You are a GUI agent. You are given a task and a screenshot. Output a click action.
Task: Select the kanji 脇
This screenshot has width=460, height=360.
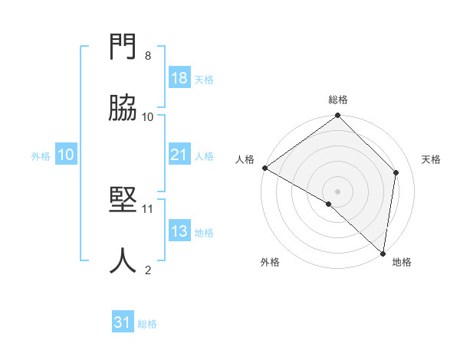[123, 109]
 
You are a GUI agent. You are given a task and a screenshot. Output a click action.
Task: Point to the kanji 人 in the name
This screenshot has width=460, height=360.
[123, 260]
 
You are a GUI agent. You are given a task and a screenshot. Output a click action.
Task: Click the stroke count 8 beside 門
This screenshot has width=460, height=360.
[148, 56]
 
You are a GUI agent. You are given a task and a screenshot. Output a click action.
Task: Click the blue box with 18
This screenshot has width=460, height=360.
[179, 78]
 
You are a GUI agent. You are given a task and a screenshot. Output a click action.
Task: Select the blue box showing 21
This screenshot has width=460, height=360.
[179, 155]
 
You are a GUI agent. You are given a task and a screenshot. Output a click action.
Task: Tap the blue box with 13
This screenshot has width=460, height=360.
[179, 231]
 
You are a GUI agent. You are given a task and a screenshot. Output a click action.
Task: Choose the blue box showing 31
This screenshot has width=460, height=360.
[123, 322]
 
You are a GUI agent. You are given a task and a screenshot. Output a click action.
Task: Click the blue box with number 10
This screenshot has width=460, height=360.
[66, 155]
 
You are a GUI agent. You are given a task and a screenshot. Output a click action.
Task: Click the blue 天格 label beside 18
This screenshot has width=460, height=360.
[204, 80]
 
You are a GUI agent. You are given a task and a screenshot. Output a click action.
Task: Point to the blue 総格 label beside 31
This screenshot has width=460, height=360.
[147, 324]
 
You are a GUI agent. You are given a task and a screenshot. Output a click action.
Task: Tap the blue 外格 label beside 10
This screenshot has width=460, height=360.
[41, 156]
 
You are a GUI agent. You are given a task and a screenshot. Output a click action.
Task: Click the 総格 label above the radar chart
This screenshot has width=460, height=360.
[338, 100]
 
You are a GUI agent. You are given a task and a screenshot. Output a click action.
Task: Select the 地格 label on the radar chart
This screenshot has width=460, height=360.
[402, 263]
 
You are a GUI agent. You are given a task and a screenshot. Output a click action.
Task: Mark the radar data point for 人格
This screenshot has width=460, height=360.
[264, 168]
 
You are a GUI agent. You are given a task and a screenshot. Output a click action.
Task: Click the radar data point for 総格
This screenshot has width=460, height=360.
[338, 116]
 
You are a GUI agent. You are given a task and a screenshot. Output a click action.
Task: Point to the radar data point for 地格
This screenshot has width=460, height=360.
[383, 253]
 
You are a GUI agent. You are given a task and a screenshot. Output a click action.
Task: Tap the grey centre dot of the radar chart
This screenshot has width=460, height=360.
[338, 191]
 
